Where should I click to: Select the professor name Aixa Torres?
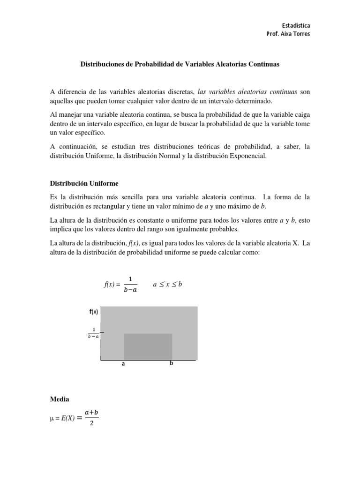(295, 34)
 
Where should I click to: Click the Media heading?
(59, 399)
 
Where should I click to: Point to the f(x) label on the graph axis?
(93, 312)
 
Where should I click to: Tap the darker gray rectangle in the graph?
(148, 347)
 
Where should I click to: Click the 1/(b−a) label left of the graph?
(93, 333)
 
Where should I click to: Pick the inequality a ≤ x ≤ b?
(167, 285)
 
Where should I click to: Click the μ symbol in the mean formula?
(52, 416)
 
